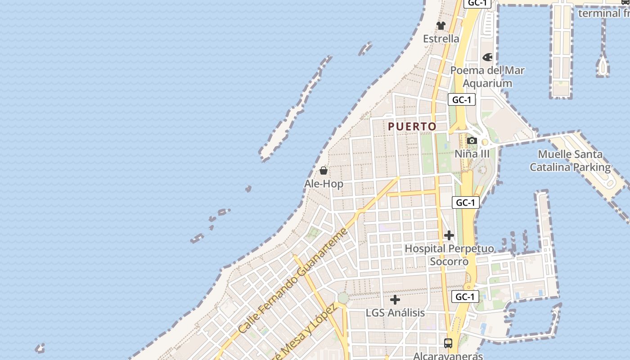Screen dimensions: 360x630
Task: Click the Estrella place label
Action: [441, 39]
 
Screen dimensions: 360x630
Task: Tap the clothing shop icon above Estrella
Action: [441, 25]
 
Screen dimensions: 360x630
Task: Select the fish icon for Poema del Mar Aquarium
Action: [487, 57]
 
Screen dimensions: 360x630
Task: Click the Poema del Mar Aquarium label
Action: [487, 76]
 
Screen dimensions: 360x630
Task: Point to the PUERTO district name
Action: [412, 126]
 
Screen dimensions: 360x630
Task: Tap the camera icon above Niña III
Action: [472, 141]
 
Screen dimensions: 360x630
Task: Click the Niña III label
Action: [472, 154]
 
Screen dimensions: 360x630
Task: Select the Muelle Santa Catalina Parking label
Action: [570, 161]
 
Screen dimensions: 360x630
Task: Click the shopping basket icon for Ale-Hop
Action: [324, 171]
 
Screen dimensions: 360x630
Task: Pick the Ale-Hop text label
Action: [324, 184]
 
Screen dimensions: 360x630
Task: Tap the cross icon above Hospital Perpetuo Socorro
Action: [449, 235]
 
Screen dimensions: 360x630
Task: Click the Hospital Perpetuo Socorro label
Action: [449, 255]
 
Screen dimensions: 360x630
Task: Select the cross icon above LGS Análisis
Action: [395, 299]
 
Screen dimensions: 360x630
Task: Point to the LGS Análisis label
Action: [395, 312]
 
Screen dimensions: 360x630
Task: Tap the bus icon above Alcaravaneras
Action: [448, 343]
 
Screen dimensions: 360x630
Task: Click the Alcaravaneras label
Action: [448, 356]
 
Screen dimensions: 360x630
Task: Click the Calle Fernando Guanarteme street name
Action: [293, 281]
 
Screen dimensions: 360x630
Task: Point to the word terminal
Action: [599, 13]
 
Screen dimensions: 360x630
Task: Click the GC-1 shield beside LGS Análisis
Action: [465, 297]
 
